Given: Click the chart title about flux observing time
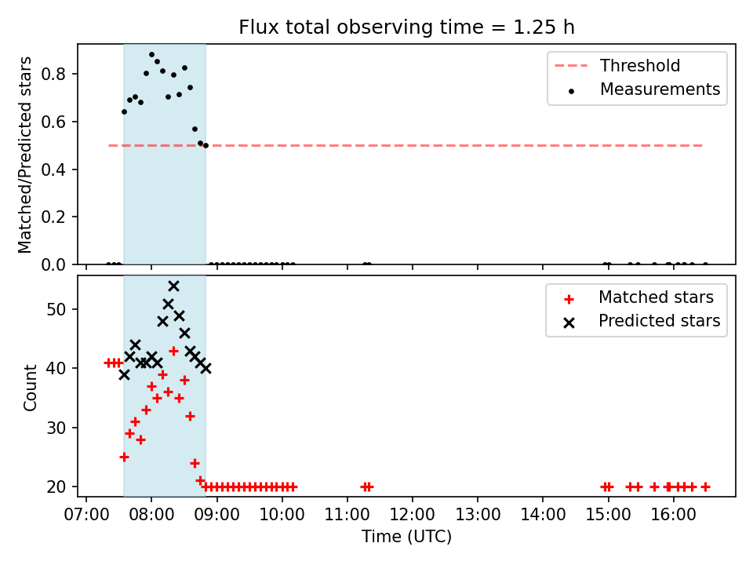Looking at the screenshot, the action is pyautogui.click(x=406, y=27).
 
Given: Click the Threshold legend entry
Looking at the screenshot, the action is pyautogui.click(x=617, y=65).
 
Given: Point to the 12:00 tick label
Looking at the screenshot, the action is pyautogui.click(x=412, y=515).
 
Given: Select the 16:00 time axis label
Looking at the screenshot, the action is pyautogui.click(x=673, y=515).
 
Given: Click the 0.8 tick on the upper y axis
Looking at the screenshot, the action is pyautogui.click(x=53, y=74).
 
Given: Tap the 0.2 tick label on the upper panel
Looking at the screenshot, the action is pyautogui.click(x=53, y=217).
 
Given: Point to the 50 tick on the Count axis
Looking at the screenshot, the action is pyautogui.click(x=56, y=309).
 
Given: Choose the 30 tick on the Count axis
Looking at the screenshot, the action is pyautogui.click(x=56, y=428).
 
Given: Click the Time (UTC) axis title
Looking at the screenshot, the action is pyautogui.click(x=407, y=536).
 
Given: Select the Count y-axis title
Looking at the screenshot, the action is pyautogui.click(x=30, y=388).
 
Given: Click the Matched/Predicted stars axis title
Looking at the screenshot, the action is pyautogui.click(x=24, y=155).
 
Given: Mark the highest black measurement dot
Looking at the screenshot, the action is pyautogui.click(x=151, y=55).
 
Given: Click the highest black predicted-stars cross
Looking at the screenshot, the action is pyautogui.click(x=174, y=286).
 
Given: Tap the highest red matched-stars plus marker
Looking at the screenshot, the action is pyautogui.click(x=174, y=352).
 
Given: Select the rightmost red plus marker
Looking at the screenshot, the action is pyautogui.click(x=705, y=487).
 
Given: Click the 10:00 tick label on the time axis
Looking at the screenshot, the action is pyautogui.click(x=282, y=515).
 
